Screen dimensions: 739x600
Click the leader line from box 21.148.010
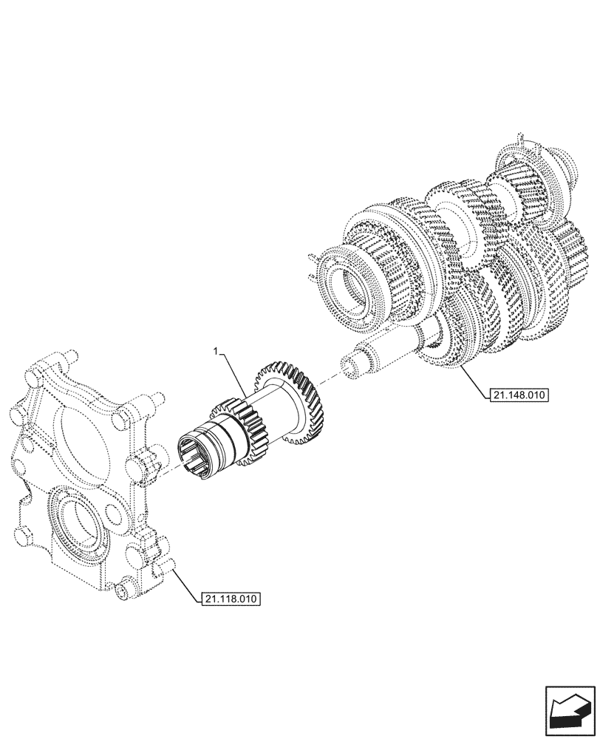pyautogui.click(x=473, y=381)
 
